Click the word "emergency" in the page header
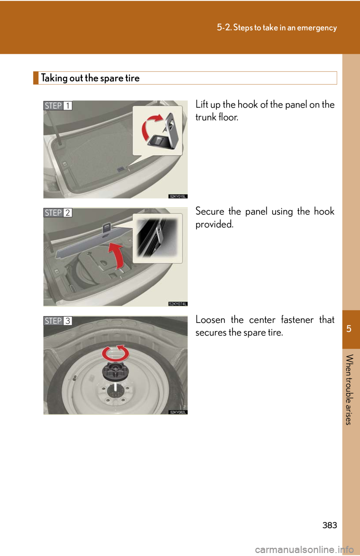click(x=317, y=28)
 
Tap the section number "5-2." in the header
click(x=224, y=27)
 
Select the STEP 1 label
click(x=57, y=106)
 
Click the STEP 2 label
click(x=57, y=213)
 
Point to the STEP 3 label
click(x=57, y=321)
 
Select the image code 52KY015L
click(x=178, y=196)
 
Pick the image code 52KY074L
click(x=178, y=304)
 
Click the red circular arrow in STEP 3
click(x=115, y=353)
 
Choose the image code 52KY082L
click(x=178, y=412)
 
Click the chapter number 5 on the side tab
click(x=349, y=329)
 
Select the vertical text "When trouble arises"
click(x=349, y=390)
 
